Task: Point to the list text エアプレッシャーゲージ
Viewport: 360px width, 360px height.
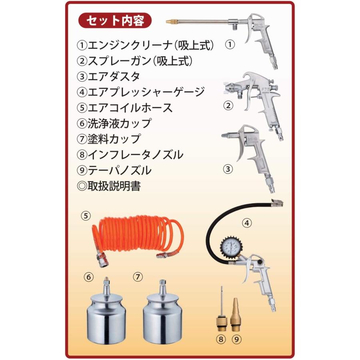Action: coord(141,92)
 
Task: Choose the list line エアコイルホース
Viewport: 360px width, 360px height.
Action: coord(124,107)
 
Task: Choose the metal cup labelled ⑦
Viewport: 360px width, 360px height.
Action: coord(162,316)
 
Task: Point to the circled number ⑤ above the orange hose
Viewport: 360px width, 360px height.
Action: coord(85,215)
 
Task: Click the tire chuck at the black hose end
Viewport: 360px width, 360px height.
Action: coord(276,204)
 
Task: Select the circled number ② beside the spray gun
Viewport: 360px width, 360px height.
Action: coord(228,106)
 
